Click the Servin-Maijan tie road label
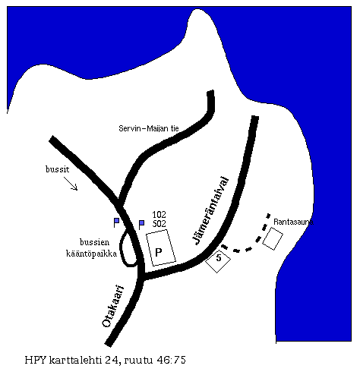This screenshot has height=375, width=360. pyautogui.click(x=149, y=128)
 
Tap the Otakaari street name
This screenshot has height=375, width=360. pyautogui.click(x=113, y=306)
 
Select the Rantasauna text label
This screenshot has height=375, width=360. pyautogui.click(x=293, y=222)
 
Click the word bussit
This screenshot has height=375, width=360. pyautogui.click(x=58, y=169)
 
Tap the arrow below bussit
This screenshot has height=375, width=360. pyautogui.click(x=71, y=183)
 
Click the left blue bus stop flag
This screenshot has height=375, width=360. pyautogui.click(x=116, y=222)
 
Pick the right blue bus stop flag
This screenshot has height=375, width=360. pyautogui.click(x=141, y=225)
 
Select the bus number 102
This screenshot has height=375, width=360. pyautogui.click(x=159, y=215)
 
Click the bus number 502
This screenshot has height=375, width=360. pyautogui.click(x=159, y=224)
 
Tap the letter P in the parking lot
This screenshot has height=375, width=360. pyautogui.click(x=159, y=252)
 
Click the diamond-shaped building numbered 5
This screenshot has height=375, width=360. pyautogui.click(x=218, y=260)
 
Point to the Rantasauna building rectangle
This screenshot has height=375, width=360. pyautogui.click(x=273, y=238)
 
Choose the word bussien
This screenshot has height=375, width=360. pyautogui.click(x=95, y=242)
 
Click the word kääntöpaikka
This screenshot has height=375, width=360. pyautogui.click(x=92, y=254)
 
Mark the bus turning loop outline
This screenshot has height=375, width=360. pyautogui.click(x=121, y=249)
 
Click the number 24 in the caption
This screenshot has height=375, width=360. pyautogui.click(x=110, y=360)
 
